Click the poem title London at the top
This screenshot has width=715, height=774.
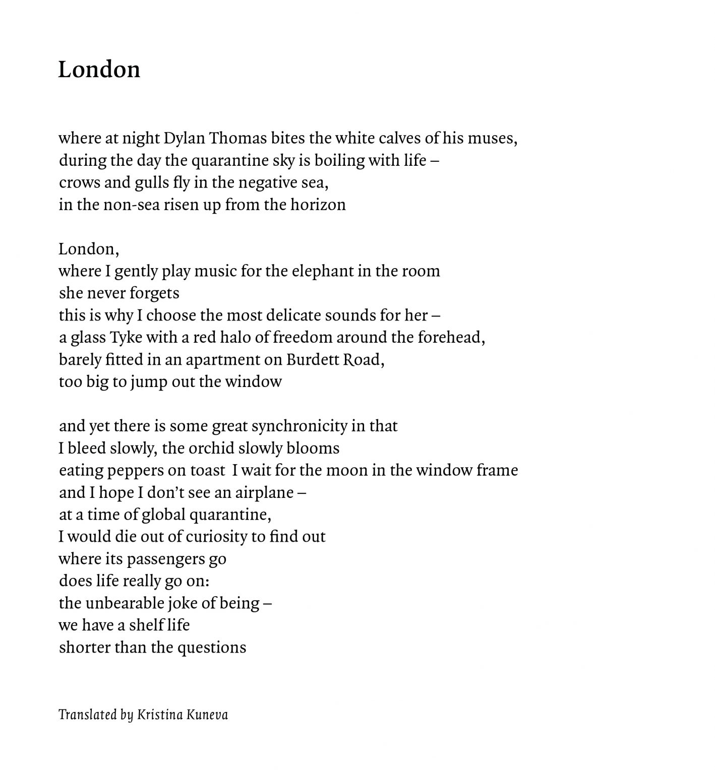[99, 69]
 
